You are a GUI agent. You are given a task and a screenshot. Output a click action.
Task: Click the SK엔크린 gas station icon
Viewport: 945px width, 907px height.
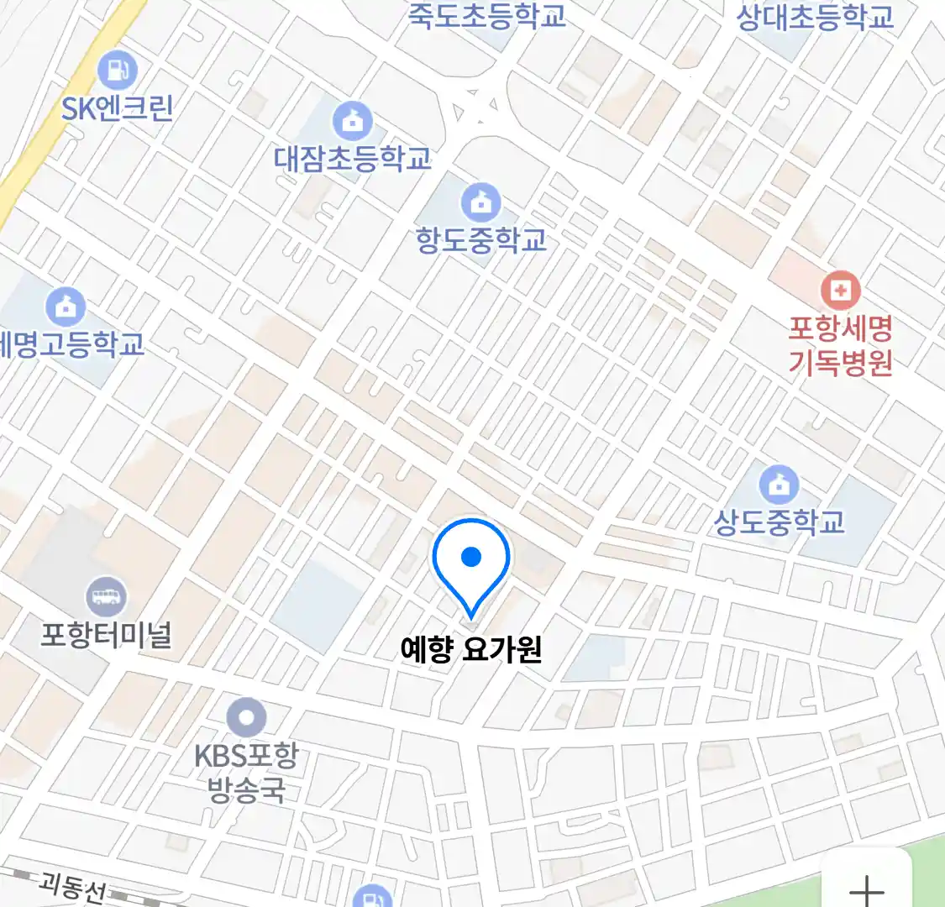(x=118, y=70)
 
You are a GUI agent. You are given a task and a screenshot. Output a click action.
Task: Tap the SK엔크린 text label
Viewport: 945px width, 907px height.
(x=118, y=108)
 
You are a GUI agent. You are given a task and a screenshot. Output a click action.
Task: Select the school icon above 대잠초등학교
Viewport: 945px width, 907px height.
(x=353, y=122)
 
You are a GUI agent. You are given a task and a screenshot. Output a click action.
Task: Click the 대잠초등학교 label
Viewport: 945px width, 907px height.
(x=353, y=158)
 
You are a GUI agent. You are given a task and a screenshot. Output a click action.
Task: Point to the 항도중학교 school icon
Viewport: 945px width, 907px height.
(x=481, y=202)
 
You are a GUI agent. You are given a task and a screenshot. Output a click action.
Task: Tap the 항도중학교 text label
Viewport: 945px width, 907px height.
(x=481, y=240)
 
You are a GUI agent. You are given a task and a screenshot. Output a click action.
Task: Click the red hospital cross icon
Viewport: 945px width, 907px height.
(x=840, y=291)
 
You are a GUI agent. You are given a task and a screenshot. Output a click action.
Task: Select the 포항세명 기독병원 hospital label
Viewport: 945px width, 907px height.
(x=840, y=345)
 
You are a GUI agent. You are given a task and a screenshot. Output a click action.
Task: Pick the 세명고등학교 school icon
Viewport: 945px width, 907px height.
(x=66, y=307)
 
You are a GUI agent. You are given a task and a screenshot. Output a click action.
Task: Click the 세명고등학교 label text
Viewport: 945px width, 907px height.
(x=71, y=344)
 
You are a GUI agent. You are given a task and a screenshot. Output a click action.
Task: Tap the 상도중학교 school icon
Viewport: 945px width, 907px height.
(x=780, y=485)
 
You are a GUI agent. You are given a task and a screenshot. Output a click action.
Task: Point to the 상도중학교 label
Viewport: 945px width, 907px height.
(x=779, y=522)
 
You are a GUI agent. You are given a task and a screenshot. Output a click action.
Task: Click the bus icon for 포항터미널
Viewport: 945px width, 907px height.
(x=107, y=597)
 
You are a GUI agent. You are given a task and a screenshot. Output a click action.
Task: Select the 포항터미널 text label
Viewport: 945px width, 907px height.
(x=107, y=635)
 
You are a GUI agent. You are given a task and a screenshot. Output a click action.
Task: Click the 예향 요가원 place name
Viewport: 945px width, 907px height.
(x=471, y=649)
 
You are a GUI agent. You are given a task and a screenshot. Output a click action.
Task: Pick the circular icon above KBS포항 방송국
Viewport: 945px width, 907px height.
(x=246, y=718)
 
